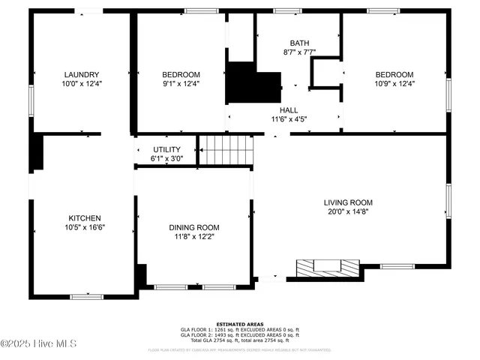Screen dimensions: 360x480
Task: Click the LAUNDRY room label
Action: pyautogui.click(x=82, y=74)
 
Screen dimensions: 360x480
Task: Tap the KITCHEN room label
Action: pyautogui.click(x=84, y=217)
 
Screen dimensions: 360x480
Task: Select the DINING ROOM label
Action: pyautogui.click(x=193, y=227)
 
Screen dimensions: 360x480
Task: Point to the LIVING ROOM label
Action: pyautogui.click(x=348, y=202)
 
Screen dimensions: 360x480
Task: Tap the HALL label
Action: pyautogui.click(x=289, y=109)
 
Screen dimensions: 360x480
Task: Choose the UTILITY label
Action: pyautogui.click(x=166, y=149)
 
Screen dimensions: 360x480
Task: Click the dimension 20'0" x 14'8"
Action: pyautogui.click(x=348, y=211)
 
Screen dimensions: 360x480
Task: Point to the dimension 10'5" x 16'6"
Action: pyautogui.click(x=84, y=226)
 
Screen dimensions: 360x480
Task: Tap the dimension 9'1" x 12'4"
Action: pyautogui.click(x=181, y=83)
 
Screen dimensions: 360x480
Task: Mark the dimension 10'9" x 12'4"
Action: pyautogui.click(x=394, y=83)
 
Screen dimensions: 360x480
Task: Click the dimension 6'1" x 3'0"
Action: pyautogui.click(x=166, y=158)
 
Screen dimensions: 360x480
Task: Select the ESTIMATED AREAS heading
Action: pyautogui.click(x=239, y=324)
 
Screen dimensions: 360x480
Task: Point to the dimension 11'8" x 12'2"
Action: pyautogui.click(x=193, y=236)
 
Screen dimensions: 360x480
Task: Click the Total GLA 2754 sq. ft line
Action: pyautogui.click(x=239, y=340)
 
